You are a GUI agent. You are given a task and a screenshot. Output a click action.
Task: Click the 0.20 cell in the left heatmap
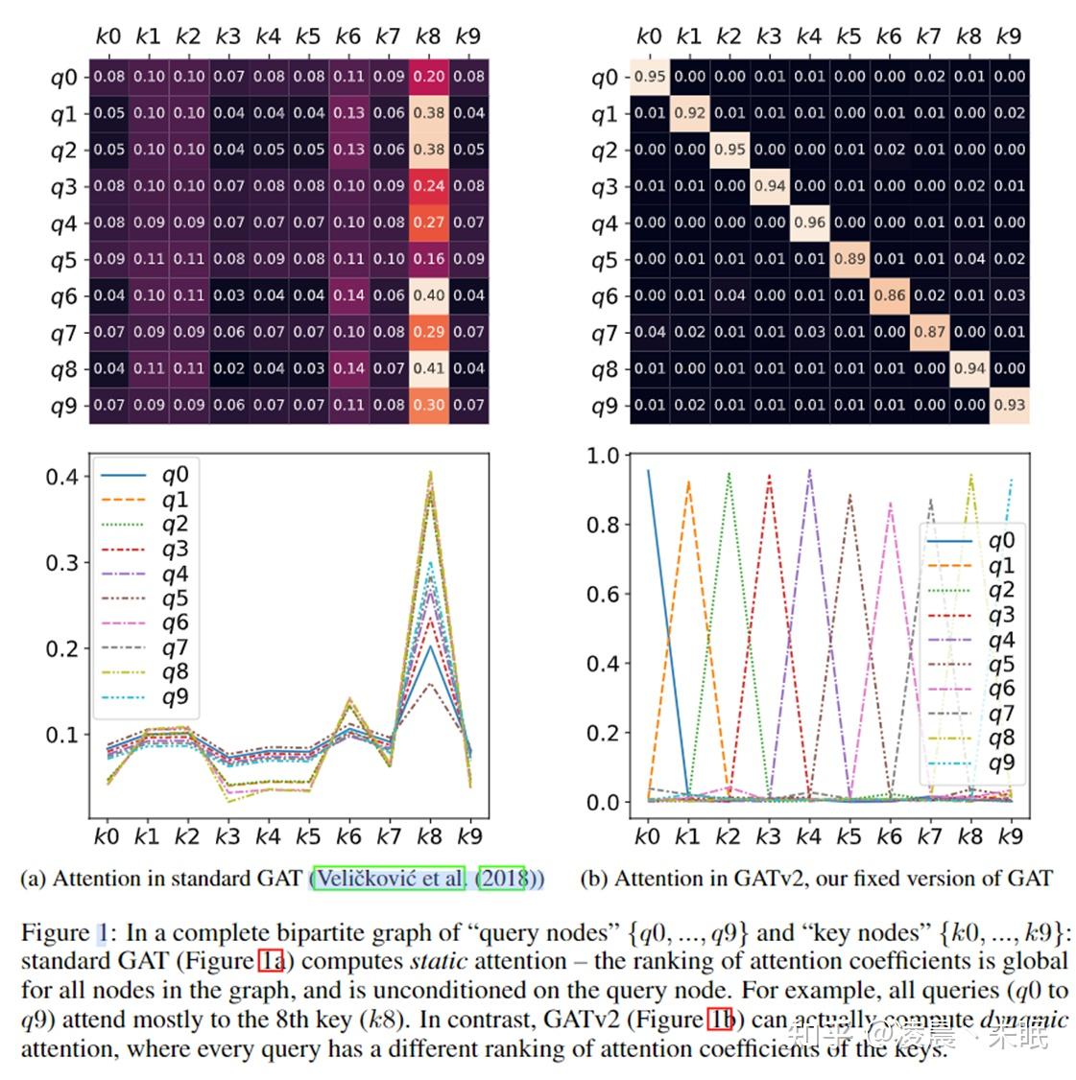point(428,77)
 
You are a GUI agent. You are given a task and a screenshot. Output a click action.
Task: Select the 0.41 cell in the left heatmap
point(428,368)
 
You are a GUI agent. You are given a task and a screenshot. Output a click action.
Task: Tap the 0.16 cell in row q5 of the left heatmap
point(428,259)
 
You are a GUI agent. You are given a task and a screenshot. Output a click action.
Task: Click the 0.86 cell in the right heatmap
point(890,295)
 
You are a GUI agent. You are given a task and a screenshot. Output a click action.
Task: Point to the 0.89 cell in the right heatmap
point(849,259)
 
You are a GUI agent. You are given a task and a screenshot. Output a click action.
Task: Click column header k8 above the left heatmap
point(428,36)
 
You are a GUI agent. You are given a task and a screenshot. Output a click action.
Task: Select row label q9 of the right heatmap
point(605,406)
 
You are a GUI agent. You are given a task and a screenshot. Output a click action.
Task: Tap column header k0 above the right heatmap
point(649,36)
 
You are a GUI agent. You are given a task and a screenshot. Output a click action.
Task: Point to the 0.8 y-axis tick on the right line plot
point(604,525)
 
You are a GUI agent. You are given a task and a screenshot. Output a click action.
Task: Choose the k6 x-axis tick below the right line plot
point(889,836)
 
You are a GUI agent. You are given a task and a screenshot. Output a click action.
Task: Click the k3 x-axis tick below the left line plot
point(227,836)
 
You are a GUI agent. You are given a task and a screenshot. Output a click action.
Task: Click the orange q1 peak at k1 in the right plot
point(688,482)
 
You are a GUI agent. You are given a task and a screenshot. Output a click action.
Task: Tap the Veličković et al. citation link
point(390,879)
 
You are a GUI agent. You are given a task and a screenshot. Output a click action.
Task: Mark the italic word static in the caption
point(438,961)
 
